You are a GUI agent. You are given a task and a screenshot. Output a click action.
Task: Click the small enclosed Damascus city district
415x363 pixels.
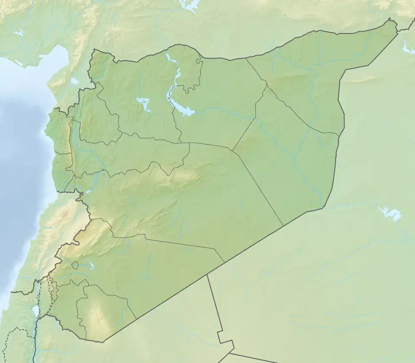(x=75, y=265)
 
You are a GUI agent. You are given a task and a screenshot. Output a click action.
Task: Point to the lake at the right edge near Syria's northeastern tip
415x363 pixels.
(x=408, y=48)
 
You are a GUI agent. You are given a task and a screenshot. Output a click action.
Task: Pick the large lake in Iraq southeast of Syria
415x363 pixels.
(x=390, y=213)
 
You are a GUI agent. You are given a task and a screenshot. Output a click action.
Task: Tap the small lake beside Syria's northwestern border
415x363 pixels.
(x=75, y=81)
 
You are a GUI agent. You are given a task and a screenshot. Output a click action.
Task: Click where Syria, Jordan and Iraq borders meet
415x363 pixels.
(x=207, y=275)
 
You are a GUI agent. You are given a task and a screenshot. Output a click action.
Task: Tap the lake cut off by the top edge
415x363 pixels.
(x=188, y=5)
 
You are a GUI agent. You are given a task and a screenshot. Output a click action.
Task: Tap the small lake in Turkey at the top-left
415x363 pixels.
(x=19, y=32)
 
